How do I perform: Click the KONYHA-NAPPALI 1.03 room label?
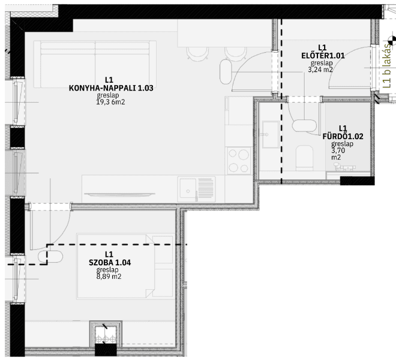point(111,88)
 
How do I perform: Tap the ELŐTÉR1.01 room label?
point(323,56)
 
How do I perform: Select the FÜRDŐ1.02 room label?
point(343,136)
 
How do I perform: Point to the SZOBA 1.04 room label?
point(110,262)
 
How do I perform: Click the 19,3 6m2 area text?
point(110,102)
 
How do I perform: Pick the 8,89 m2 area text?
point(109,277)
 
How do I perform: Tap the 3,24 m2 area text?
point(320,70)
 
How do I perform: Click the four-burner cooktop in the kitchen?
point(239,161)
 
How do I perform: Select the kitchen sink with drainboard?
point(196,190)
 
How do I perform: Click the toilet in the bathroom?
point(304,158)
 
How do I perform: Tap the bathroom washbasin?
point(271,134)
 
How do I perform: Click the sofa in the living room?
point(95,64)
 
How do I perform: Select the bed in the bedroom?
point(125,266)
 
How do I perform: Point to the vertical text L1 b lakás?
point(386,66)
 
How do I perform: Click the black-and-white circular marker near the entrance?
point(392,40)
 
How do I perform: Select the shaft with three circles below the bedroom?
point(106,335)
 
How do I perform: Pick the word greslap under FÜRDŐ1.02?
point(342,144)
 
